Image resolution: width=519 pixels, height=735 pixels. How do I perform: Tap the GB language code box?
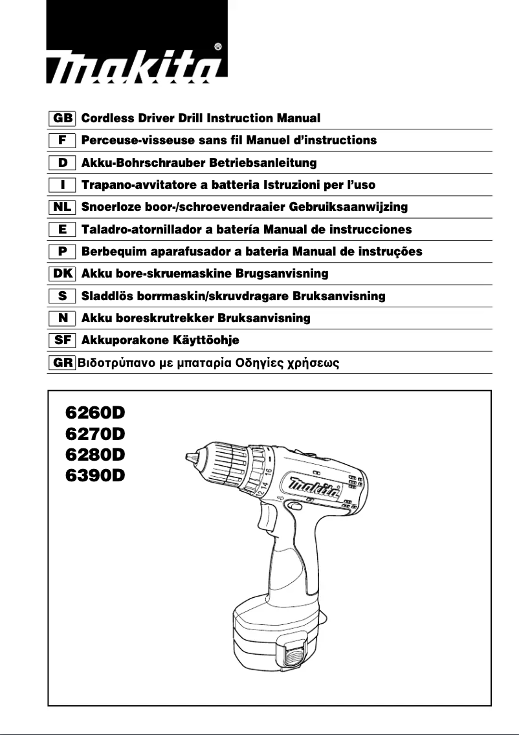(x=63, y=118)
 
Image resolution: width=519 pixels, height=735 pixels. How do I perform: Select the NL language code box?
(x=63, y=207)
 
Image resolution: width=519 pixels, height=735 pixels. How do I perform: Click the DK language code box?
(x=63, y=274)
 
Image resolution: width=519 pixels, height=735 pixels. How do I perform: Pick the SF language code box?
(x=63, y=340)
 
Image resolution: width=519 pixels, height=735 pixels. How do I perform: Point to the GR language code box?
(x=63, y=362)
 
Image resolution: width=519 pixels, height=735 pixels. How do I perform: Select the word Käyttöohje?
(x=207, y=340)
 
